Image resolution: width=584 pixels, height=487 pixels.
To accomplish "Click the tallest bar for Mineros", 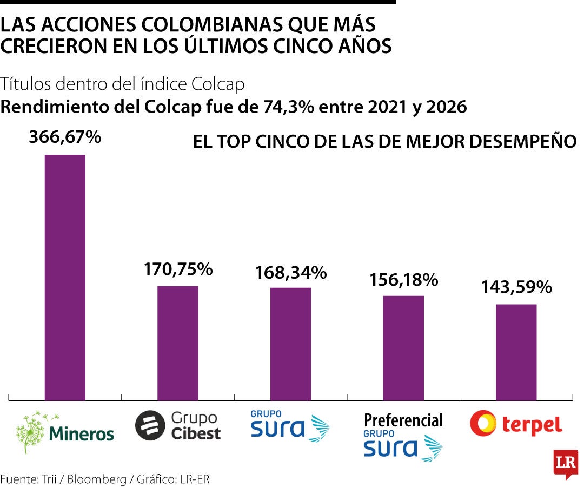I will pyautogui.click(x=65, y=277).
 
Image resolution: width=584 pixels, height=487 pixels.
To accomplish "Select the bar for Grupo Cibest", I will pyautogui.click(x=177, y=343).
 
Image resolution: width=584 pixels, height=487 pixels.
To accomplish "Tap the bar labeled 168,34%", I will pyautogui.click(x=290, y=344).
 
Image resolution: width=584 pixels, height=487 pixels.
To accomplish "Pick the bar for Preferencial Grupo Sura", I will pyautogui.click(x=403, y=348).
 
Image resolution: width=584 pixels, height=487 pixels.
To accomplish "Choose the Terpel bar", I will pyautogui.click(x=516, y=352).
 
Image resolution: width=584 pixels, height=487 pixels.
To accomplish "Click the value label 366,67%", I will pyautogui.click(x=65, y=137).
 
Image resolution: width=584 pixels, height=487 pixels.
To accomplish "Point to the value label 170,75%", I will pyautogui.click(x=178, y=268).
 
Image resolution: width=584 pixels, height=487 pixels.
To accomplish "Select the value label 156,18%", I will pyautogui.click(x=403, y=279).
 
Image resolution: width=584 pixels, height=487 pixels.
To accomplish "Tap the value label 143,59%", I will pyautogui.click(x=516, y=287).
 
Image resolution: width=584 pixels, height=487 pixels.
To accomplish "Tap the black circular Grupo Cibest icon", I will pyautogui.click(x=149, y=425).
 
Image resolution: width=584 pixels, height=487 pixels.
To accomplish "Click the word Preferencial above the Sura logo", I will pyautogui.click(x=403, y=420).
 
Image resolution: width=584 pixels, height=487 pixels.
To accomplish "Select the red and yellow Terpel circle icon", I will pyautogui.click(x=483, y=423).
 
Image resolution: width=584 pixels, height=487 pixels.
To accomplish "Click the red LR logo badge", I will pyautogui.click(x=565, y=463).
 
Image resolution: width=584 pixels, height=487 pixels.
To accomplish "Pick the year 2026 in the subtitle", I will pyautogui.click(x=446, y=107).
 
